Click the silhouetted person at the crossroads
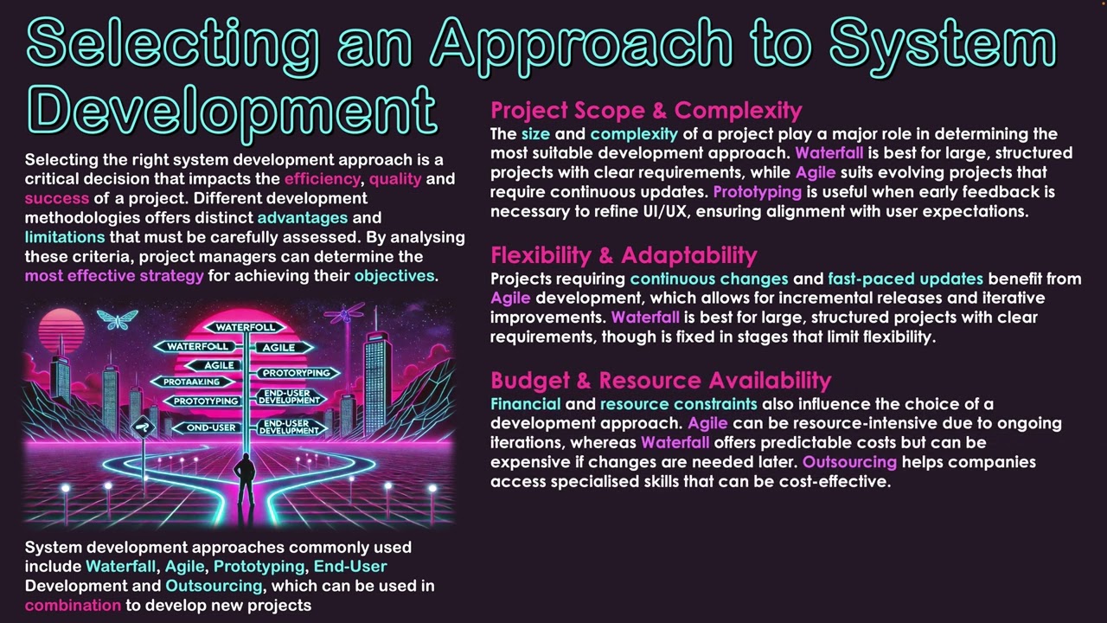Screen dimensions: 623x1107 tap(246, 480)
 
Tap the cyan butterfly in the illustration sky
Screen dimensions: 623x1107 tap(118, 319)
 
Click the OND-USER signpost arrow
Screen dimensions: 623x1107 tap(205, 427)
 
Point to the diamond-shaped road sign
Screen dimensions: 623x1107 tap(141, 425)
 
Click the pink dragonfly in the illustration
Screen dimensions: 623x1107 tap(351, 312)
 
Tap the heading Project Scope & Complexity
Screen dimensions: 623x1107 tap(646, 111)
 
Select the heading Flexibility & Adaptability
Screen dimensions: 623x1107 tap(624, 255)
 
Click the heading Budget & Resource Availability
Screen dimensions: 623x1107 tap(661, 381)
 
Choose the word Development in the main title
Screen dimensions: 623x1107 tap(232, 111)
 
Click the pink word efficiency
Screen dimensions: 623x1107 tap(323, 179)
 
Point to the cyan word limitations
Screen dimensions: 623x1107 tap(65, 237)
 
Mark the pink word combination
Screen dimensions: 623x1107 tap(73, 605)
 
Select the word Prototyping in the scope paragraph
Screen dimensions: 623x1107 tap(757, 191)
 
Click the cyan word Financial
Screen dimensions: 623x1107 tap(525, 404)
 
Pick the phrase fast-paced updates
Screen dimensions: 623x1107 tap(905, 279)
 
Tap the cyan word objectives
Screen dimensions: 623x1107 tap(394, 276)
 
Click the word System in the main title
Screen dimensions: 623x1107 tap(942, 43)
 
